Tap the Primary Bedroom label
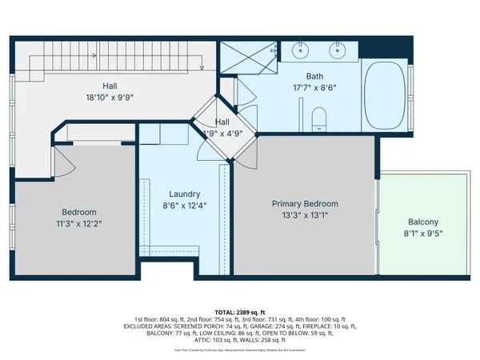[304, 204]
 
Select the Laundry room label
[184, 194]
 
